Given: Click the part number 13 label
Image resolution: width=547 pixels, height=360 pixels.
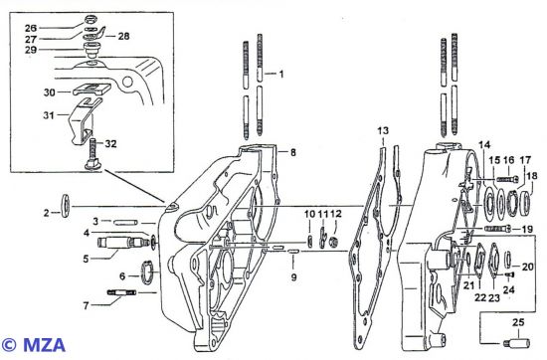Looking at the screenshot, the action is [x=383, y=131].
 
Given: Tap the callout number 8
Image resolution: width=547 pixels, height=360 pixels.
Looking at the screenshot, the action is [x=293, y=152].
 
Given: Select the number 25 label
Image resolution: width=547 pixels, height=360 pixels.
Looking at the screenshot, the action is [x=518, y=322].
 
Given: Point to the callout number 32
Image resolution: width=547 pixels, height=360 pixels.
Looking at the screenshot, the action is [x=110, y=144].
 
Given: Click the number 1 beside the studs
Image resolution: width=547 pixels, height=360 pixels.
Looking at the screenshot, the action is [x=281, y=74].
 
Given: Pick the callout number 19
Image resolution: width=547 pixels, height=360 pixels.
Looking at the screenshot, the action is [x=527, y=229].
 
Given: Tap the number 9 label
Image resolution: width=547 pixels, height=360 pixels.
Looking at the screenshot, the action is [x=293, y=277].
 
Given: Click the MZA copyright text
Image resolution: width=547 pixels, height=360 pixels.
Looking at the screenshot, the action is [x=33, y=345].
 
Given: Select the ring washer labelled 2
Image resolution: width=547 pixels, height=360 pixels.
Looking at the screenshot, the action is [x=66, y=206].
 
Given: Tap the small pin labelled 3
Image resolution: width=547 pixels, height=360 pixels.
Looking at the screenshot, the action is [x=126, y=222].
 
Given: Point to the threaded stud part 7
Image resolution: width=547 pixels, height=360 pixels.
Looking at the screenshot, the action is [x=121, y=292].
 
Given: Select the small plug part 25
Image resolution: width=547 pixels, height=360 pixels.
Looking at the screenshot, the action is [x=517, y=342].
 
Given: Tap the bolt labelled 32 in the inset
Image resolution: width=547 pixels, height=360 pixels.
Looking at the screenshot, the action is [x=92, y=155].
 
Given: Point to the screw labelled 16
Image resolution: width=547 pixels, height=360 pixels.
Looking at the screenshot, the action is [x=507, y=180].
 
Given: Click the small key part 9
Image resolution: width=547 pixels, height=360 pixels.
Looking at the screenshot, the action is [x=293, y=252].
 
